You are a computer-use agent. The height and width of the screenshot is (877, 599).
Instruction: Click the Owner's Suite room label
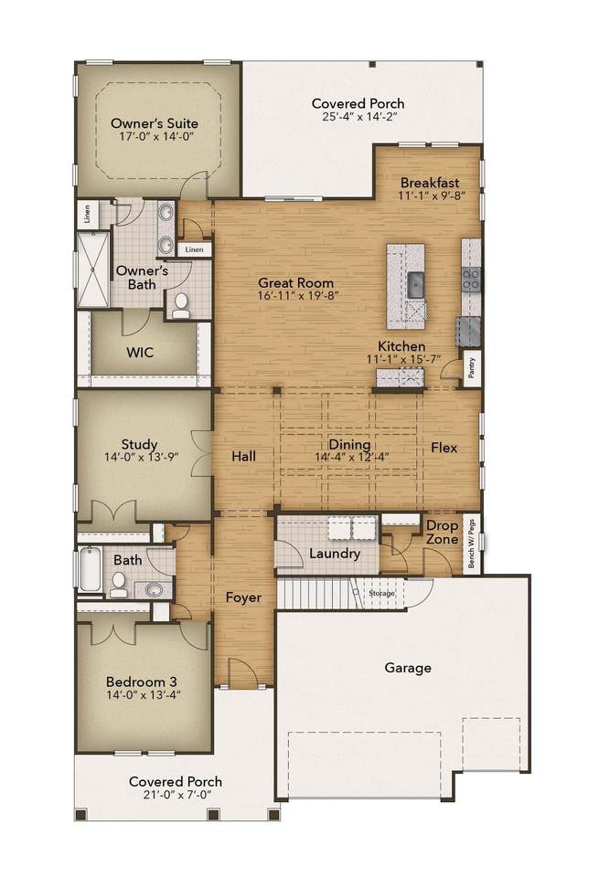[155, 123]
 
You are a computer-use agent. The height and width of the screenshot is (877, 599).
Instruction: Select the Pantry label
[472, 368]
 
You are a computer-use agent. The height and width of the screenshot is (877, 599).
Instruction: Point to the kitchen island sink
[416, 285]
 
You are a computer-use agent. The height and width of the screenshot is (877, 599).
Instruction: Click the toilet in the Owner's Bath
[181, 305]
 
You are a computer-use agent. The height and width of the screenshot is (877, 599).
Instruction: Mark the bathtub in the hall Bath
[90, 569]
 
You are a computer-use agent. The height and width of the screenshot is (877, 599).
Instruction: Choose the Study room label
[139, 444]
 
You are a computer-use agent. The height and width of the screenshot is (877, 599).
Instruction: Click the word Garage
[408, 667]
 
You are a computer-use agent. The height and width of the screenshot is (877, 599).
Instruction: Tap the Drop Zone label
[443, 533]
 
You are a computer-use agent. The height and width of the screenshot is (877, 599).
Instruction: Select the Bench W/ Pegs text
[471, 544]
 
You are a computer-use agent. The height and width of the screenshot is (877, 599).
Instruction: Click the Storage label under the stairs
[381, 593]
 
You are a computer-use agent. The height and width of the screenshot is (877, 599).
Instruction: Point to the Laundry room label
[334, 554]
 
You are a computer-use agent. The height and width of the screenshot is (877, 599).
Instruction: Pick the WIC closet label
[139, 353]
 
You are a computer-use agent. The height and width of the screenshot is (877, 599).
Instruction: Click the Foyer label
[243, 597]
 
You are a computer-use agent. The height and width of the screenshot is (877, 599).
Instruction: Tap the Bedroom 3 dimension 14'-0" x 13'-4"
[144, 695]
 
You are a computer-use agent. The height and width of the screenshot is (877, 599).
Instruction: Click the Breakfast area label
[430, 183]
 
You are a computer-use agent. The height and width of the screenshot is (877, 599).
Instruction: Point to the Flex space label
[444, 448]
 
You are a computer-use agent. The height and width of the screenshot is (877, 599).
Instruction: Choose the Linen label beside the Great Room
[194, 249]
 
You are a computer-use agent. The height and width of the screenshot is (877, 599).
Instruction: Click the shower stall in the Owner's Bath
[93, 269]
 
